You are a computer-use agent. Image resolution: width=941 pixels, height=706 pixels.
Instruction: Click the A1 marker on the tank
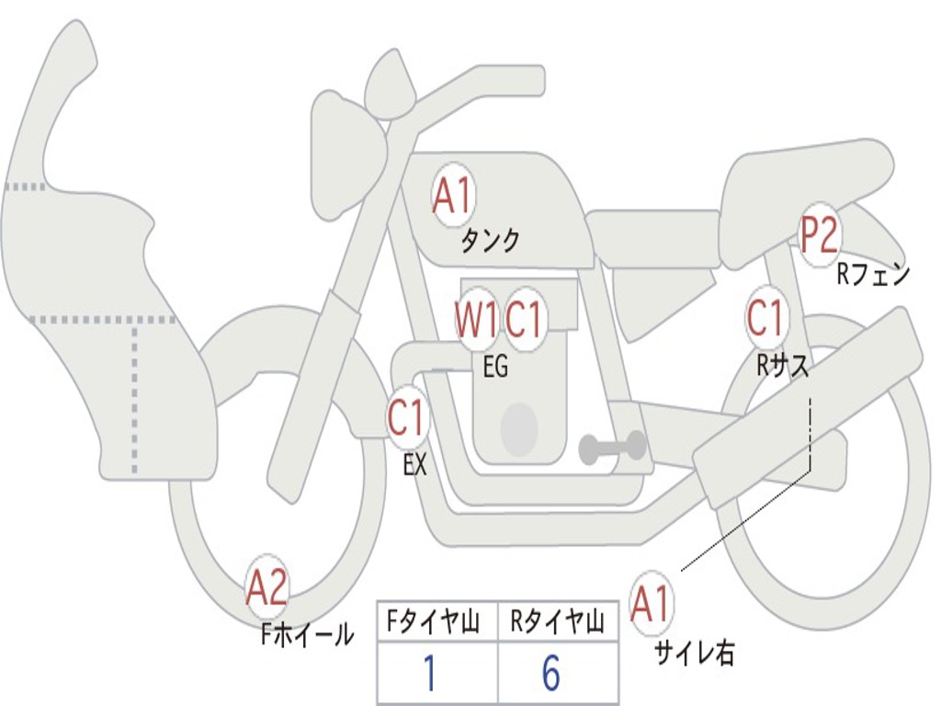click(453, 195)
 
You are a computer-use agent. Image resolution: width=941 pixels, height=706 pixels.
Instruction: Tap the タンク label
click(490, 241)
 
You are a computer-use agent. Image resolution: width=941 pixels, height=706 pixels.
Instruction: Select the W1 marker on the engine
click(477, 319)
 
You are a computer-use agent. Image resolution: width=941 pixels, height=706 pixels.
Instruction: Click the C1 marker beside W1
click(524, 319)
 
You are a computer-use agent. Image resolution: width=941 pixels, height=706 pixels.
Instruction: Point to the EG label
click(495, 366)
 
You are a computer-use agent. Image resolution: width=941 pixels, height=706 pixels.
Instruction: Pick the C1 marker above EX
click(408, 417)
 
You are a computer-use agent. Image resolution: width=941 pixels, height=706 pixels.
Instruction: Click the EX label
click(414, 463)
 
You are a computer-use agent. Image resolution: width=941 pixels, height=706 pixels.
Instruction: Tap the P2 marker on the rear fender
click(819, 234)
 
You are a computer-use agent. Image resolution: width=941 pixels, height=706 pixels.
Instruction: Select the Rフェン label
click(873, 274)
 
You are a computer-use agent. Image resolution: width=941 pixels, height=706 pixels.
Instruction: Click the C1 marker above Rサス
click(765, 317)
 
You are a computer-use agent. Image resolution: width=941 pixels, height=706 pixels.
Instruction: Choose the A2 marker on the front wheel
click(267, 587)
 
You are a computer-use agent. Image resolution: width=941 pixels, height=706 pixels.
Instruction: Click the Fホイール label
click(307, 634)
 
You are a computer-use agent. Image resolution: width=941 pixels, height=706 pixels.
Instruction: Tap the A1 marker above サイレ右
click(652, 604)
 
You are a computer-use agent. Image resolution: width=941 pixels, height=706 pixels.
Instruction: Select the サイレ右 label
click(695, 653)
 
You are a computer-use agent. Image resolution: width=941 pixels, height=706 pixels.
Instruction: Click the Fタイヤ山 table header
click(433, 622)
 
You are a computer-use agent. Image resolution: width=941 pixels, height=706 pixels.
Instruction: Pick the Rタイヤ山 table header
click(557, 622)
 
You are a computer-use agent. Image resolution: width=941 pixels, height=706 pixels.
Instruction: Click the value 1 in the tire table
click(430, 673)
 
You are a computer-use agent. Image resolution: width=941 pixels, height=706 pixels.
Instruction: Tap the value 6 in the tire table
click(551, 673)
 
